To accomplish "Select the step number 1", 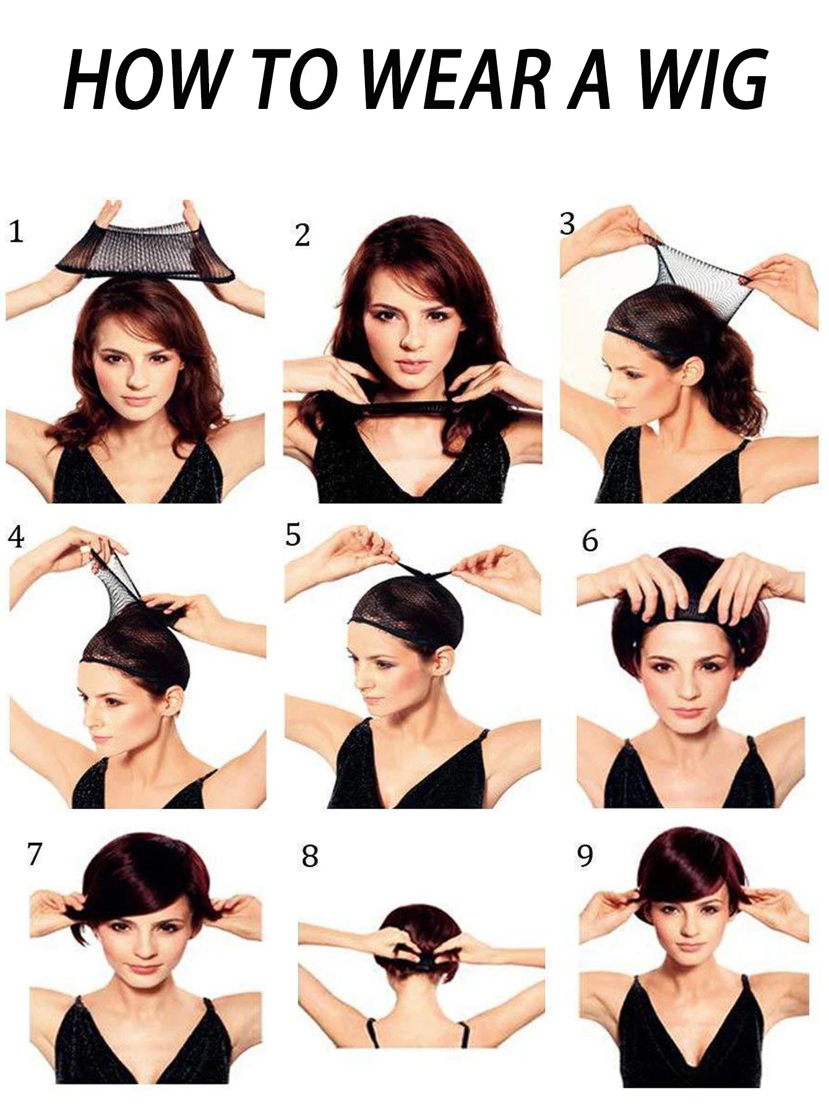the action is click(16, 232).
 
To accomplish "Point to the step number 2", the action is click(302, 236).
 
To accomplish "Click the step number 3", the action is click(567, 224).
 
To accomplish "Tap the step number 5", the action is click(293, 535).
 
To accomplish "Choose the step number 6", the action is click(590, 540).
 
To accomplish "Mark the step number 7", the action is click(34, 854).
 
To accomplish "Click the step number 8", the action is click(310, 856).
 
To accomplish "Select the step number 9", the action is click(585, 856).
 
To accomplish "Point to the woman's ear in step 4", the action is click(175, 701).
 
